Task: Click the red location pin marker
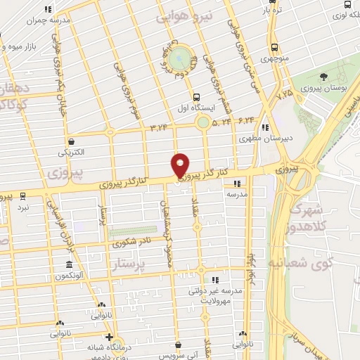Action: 181,165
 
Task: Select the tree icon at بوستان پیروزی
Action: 323,76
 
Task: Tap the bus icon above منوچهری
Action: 274,48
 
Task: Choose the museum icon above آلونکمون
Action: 69,265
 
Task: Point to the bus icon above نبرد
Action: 24,195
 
